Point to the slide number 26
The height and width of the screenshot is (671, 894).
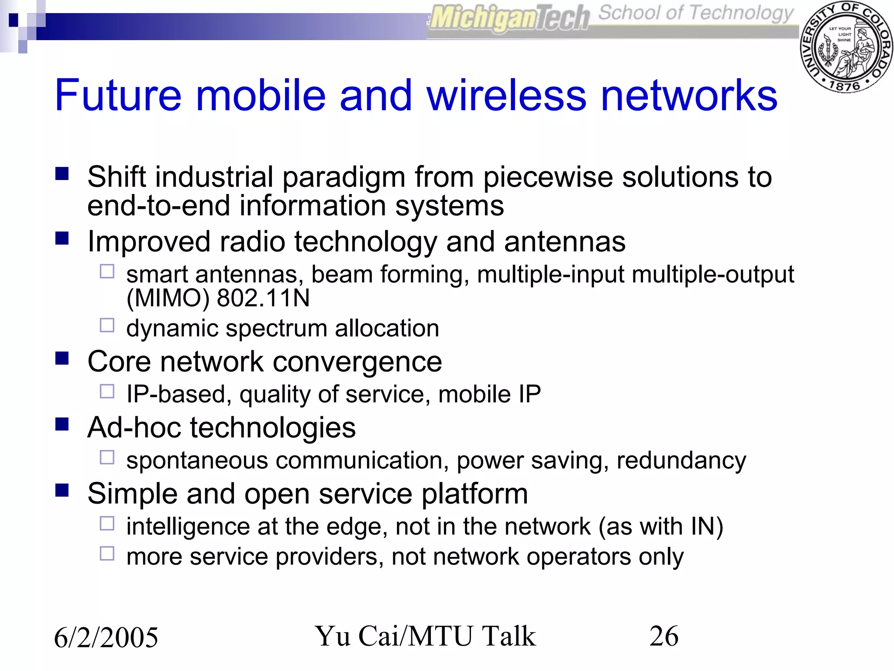tap(664, 636)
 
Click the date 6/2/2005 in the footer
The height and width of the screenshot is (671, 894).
tap(106, 637)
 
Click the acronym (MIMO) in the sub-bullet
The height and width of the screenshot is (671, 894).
tap(168, 299)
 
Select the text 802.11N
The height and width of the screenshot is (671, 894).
tap(263, 298)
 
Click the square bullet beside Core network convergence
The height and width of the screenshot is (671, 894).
tap(62, 359)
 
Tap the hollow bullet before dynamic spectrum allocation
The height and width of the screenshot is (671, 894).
tap(107, 325)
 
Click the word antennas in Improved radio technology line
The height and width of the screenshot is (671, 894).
tap(565, 242)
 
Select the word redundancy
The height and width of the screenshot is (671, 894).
tap(681, 461)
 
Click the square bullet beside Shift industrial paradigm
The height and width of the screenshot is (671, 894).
tap(62, 174)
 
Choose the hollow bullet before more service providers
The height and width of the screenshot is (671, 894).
tap(107, 553)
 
